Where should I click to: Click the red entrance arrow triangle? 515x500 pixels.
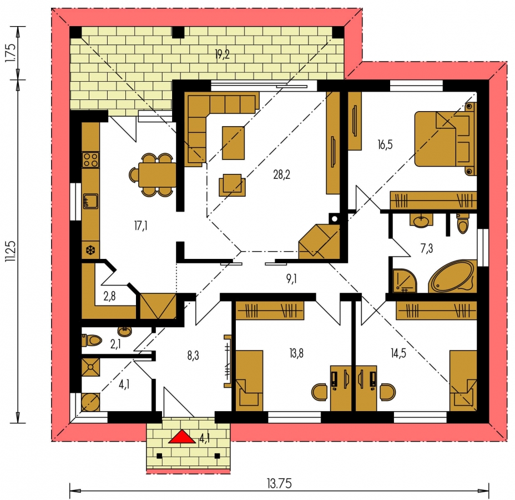181,437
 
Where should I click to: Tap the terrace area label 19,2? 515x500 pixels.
223,54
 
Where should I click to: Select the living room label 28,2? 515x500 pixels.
281,174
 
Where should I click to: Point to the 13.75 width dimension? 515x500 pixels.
279,483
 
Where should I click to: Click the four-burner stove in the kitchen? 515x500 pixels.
90,160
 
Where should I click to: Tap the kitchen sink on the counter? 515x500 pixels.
90,201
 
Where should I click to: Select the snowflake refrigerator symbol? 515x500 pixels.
90,251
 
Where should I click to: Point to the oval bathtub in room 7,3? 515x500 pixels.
453,277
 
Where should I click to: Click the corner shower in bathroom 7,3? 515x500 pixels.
405,281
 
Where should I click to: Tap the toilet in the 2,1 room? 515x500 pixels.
92,340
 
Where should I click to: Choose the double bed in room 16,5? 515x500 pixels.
445,138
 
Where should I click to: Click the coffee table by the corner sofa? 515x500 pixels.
233,143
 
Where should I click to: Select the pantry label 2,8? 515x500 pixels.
110,296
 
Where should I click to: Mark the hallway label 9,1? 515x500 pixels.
291,279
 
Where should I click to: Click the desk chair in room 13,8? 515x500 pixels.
319,392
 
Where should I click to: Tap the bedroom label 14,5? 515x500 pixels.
398,353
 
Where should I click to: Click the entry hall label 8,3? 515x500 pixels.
193,356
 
